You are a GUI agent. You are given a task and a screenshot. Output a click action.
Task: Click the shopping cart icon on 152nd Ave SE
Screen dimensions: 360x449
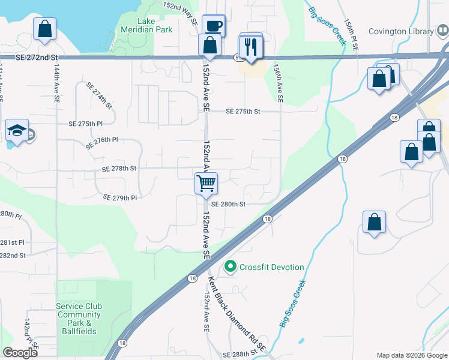point(206,182)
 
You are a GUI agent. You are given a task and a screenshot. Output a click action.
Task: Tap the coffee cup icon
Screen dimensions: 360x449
point(213,26)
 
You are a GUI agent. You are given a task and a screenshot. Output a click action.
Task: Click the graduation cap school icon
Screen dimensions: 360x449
point(17,130)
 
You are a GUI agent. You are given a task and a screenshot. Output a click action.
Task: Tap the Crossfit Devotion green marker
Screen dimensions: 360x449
point(229,266)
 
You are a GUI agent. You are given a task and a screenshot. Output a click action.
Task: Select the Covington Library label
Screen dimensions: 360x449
point(400,32)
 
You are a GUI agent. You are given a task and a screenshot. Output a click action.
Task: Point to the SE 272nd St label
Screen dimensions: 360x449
point(38,57)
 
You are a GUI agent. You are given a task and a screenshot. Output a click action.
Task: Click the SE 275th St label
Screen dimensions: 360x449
point(243,112)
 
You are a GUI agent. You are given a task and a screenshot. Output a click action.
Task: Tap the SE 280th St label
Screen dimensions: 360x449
point(229,204)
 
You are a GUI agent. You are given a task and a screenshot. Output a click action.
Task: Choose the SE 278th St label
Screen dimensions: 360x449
point(119,169)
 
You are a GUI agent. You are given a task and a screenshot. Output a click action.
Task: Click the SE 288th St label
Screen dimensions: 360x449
point(240,355)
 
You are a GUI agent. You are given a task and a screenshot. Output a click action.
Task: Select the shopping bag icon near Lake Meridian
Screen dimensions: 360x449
point(45,28)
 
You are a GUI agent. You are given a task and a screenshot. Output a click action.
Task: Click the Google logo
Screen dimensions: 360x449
point(20,353)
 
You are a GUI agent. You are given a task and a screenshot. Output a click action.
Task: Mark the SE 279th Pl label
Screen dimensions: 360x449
point(120,197)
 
